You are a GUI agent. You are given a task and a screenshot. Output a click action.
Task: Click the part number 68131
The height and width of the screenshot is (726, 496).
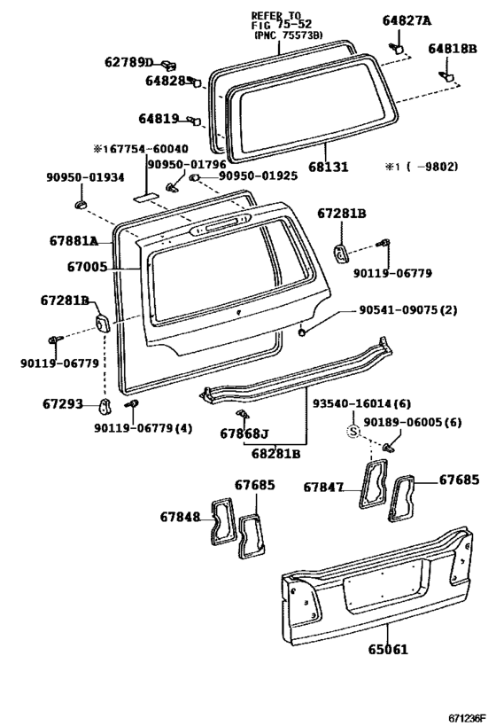point(328,167)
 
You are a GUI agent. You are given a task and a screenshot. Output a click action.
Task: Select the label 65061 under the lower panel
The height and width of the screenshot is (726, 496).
point(388,650)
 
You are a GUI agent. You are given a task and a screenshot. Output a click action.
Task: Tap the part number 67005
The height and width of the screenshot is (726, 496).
point(87,267)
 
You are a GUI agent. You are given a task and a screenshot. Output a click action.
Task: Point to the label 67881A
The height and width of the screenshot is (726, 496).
point(74,241)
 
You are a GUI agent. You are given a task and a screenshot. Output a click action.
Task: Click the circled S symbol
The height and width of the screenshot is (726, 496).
point(353,432)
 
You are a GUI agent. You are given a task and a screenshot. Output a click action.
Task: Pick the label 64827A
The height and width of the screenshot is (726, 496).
point(407,20)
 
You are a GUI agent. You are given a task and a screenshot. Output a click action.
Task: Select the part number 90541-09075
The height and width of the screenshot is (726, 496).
point(398,309)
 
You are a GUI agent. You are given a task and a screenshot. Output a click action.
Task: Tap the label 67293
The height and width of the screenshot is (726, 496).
point(63,404)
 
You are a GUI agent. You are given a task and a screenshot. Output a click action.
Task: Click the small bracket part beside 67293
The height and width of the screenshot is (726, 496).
point(106,407)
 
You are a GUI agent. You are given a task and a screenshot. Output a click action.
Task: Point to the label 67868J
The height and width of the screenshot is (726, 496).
point(244,433)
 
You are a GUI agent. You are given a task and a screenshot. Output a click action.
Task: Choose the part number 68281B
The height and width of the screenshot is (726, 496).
point(275,453)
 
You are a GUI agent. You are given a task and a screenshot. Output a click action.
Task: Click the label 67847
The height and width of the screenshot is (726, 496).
point(323,487)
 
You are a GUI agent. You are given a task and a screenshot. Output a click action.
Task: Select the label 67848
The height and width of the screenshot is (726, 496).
point(180,517)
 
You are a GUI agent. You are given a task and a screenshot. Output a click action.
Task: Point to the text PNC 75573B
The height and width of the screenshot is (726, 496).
point(291,35)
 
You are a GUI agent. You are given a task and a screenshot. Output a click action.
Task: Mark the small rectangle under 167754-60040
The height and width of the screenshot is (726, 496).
point(145,197)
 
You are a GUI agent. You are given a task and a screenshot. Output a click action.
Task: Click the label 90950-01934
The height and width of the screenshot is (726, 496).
point(85,177)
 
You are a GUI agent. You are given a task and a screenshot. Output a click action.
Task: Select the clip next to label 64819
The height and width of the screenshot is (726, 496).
point(194,121)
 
